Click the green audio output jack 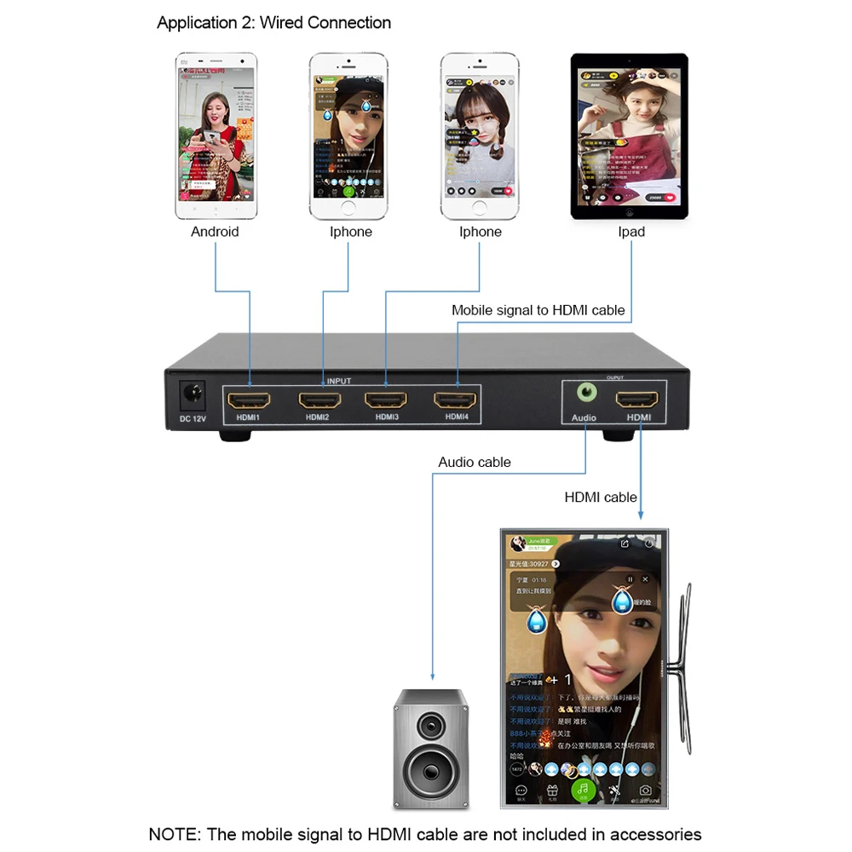pos(586,394)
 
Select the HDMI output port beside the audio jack pos(637,399)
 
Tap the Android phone pos(215,137)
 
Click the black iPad pos(630,136)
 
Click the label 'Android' pos(215,232)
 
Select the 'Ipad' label pos(631,232)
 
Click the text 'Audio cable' pos(475,463)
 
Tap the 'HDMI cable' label pos(601,498)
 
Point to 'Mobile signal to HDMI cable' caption pos(538,311)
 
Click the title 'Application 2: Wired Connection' pos(274,23)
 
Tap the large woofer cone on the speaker pos(431,771)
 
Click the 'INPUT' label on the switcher pos(338,381)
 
